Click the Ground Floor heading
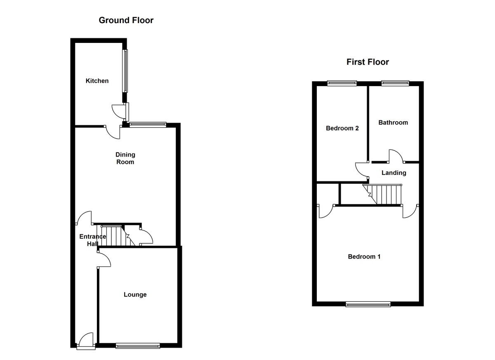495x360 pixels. tap(126, 20)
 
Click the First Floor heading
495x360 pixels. tap(368, 62)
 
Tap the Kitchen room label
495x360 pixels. tap(97, 81)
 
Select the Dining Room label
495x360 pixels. tap(125, 158)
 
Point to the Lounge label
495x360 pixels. tap(135, 295)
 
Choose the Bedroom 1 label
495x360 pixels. tap(364, 256)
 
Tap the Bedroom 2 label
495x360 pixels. tap(342, 128)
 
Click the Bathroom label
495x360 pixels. tap(393, 122)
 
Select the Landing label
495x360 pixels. tap(394, 173)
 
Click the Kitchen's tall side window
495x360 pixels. tap(125, 71)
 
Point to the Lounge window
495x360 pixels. tap(137, 346)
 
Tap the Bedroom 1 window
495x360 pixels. tap(368, 305)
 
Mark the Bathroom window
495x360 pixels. tap(395, 83)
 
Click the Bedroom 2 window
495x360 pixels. tap(342, 83)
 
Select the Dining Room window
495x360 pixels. tap(147, 124)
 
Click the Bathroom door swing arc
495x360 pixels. tap(395, 155)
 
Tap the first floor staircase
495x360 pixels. tap(383, 194)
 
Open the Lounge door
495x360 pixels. tap(105, 261)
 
